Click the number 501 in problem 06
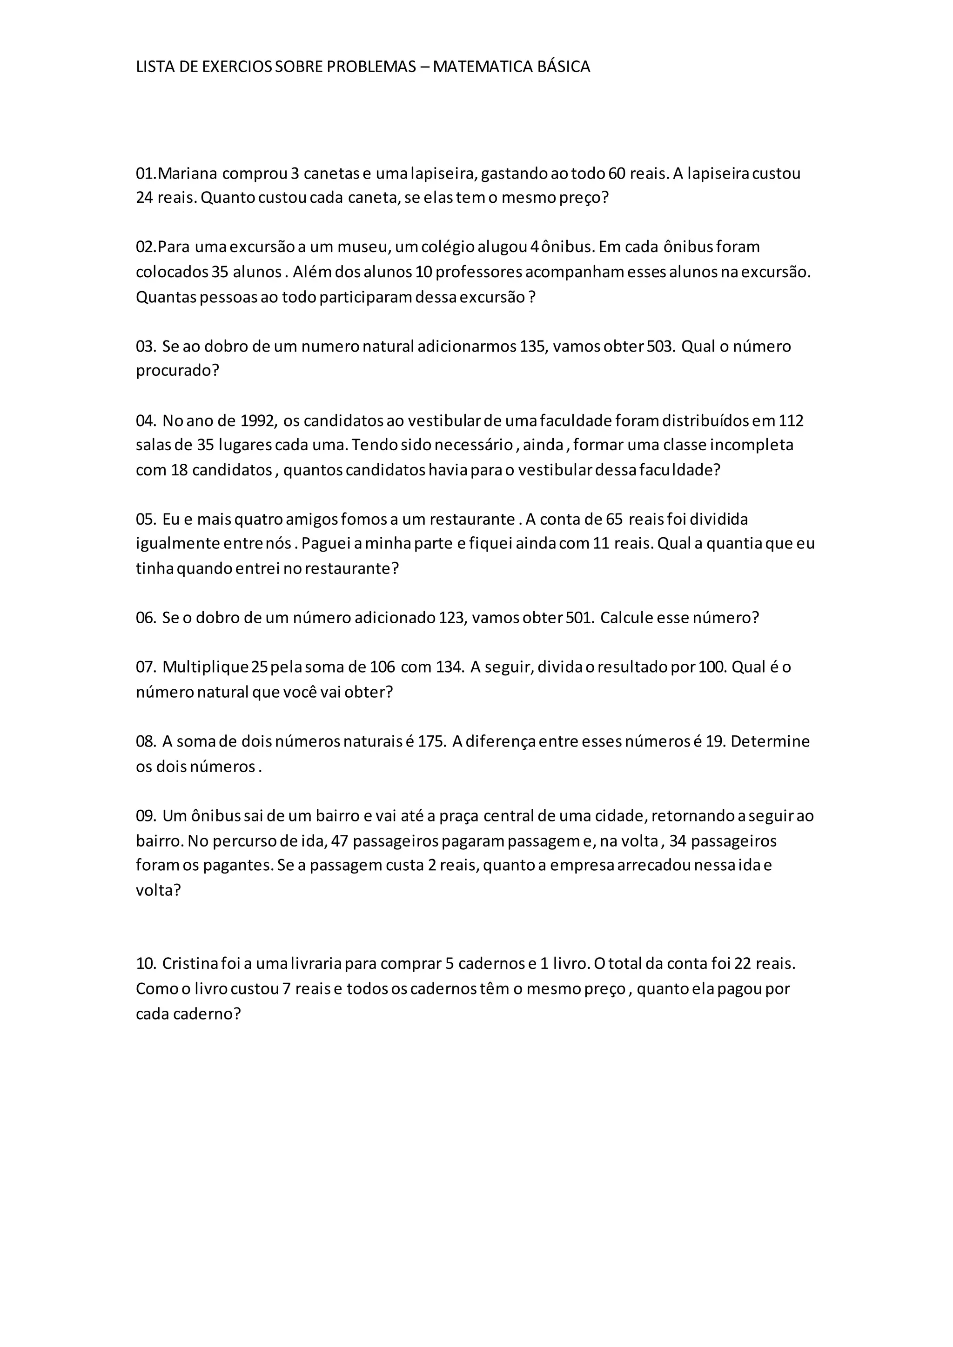pyautogui.click(x=579, y=618)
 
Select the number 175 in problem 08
pyautogui.click(x=431, y=741)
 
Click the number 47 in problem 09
pyautogui.click(x=340, y=841)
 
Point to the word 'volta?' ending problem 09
pyautogui.click(x=158, y=891)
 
